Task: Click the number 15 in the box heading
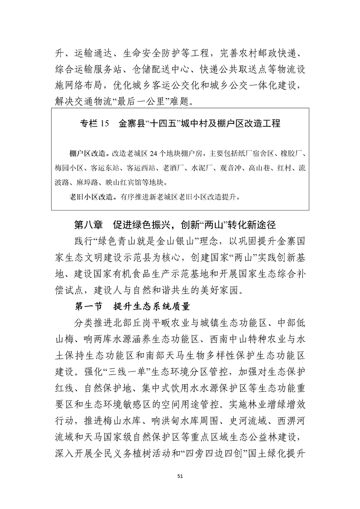point(104,123)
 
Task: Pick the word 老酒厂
point(174,167)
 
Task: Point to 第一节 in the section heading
point(88,306)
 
